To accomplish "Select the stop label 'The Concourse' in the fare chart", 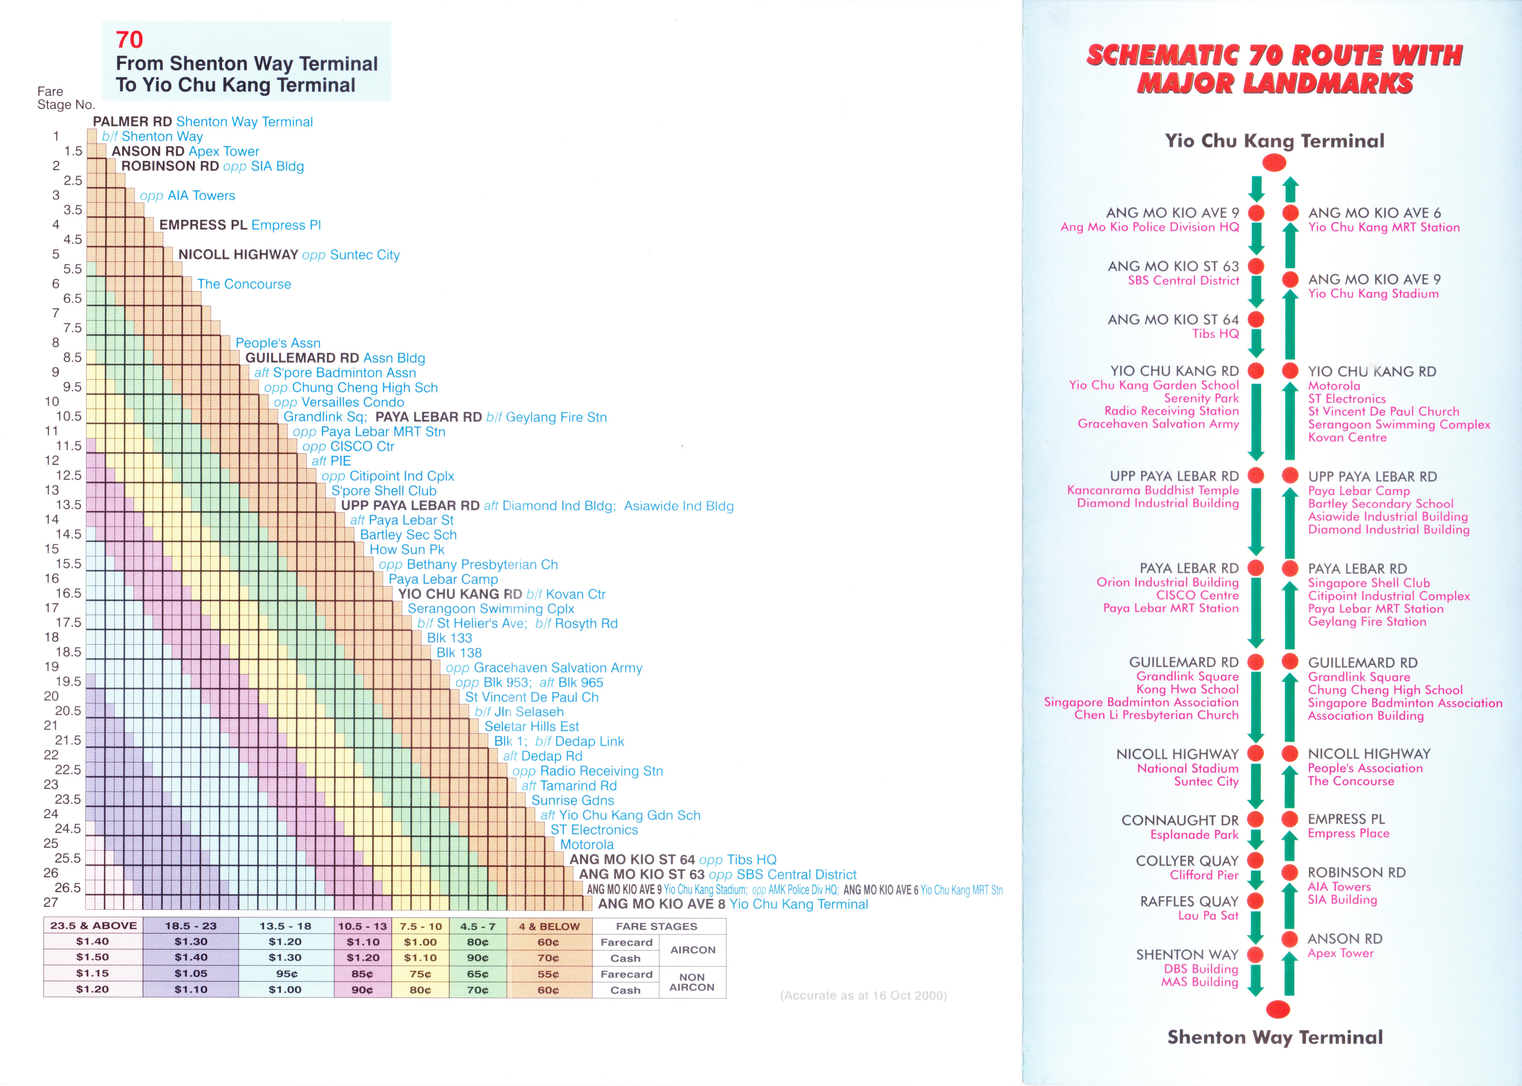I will coord(244,284).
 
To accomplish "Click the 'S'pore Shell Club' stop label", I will coord(384,491).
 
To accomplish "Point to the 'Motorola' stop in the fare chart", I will coord(587,845).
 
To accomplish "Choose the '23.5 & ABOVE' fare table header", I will coord(93,926).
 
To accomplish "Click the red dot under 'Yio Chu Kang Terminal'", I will coord(1274,163).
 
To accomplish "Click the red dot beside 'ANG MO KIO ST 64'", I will coord(1256,320).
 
